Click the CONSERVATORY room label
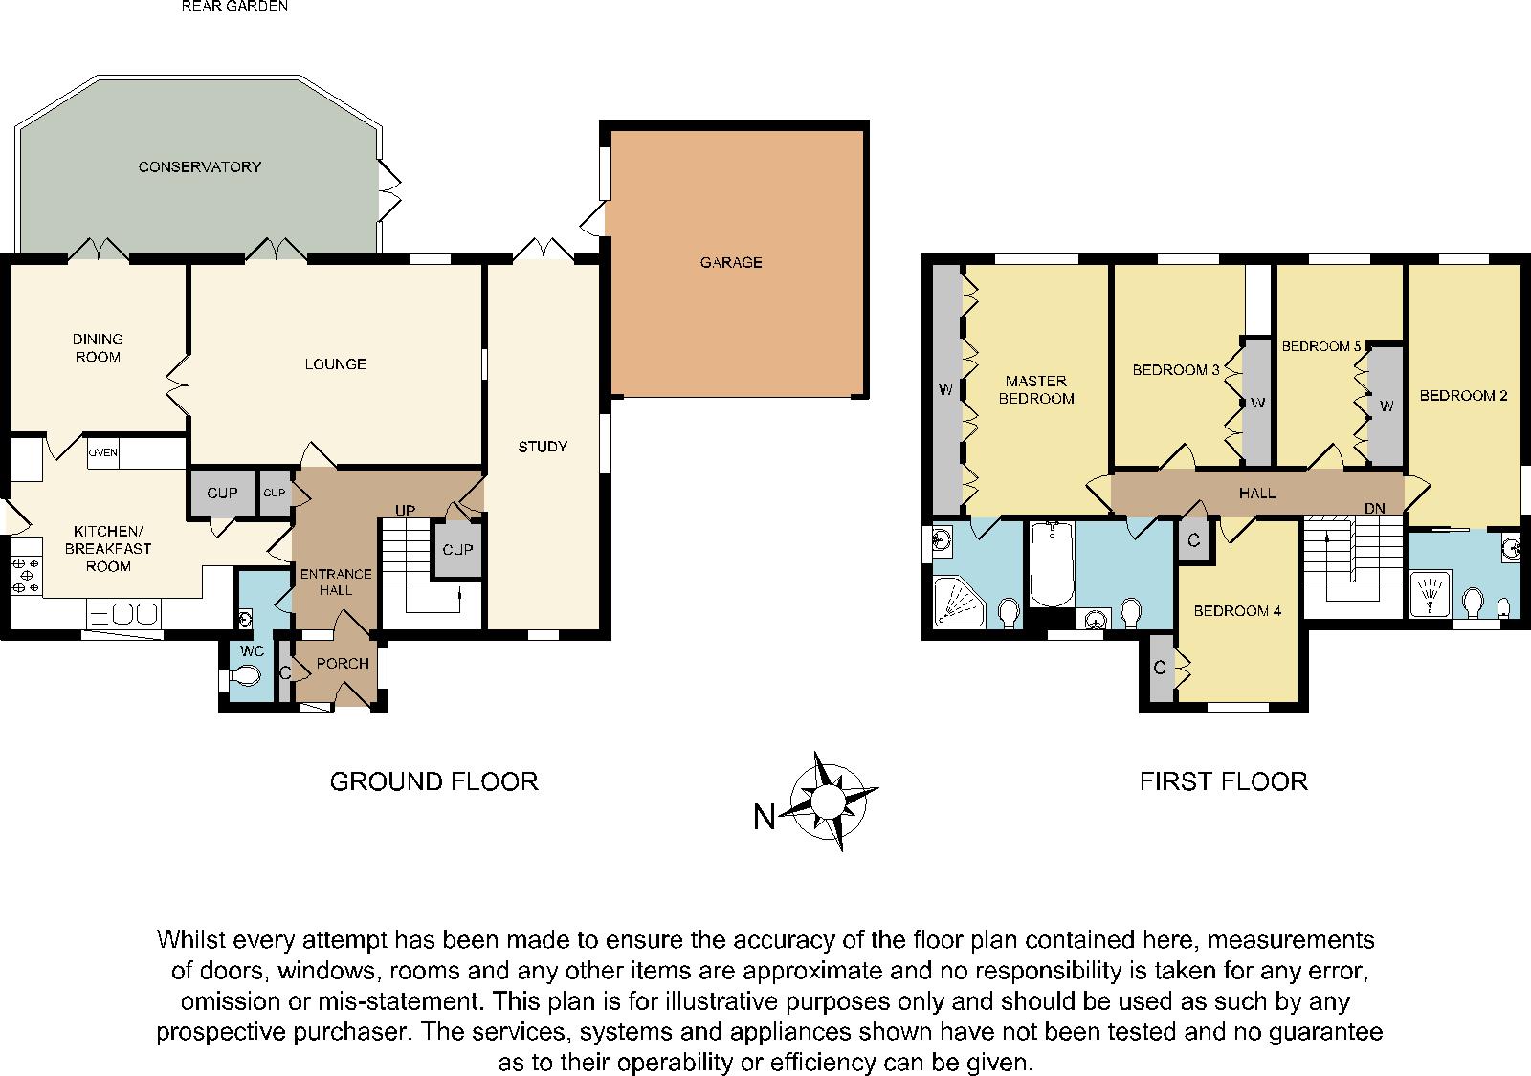(199, 166)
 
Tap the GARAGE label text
(731, 262)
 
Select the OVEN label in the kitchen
(103, 452)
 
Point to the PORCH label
(343, 664)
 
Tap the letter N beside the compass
(764, 818)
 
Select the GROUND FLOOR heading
(433, 781)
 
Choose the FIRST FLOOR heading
(1223, 781)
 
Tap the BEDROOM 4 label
(1237, 610)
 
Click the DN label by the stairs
(1375, 509)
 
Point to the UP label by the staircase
(405, 511)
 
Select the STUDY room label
(543, 447)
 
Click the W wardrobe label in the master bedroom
(945, 389)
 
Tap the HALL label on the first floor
(1256, 494)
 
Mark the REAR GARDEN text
(234, 6)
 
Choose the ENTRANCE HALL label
(336, 582)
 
